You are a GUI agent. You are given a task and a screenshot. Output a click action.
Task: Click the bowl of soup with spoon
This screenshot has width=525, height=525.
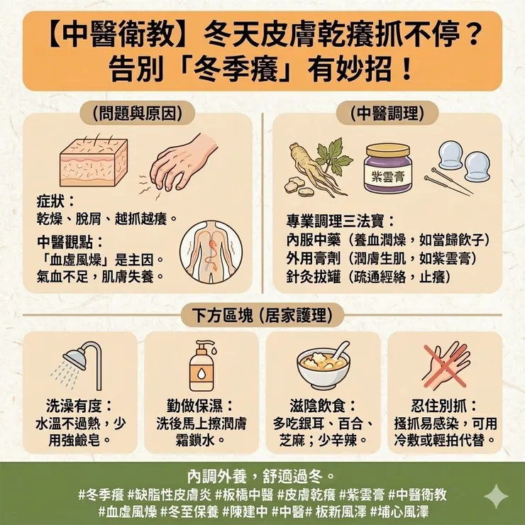[324, 365]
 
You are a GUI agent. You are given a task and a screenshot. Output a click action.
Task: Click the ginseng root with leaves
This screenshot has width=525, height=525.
[315, 169]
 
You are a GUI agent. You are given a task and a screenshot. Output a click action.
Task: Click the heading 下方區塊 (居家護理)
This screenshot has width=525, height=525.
[262, 312]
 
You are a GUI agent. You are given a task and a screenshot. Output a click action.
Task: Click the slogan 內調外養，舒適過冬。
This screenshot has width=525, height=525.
[262, 474]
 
